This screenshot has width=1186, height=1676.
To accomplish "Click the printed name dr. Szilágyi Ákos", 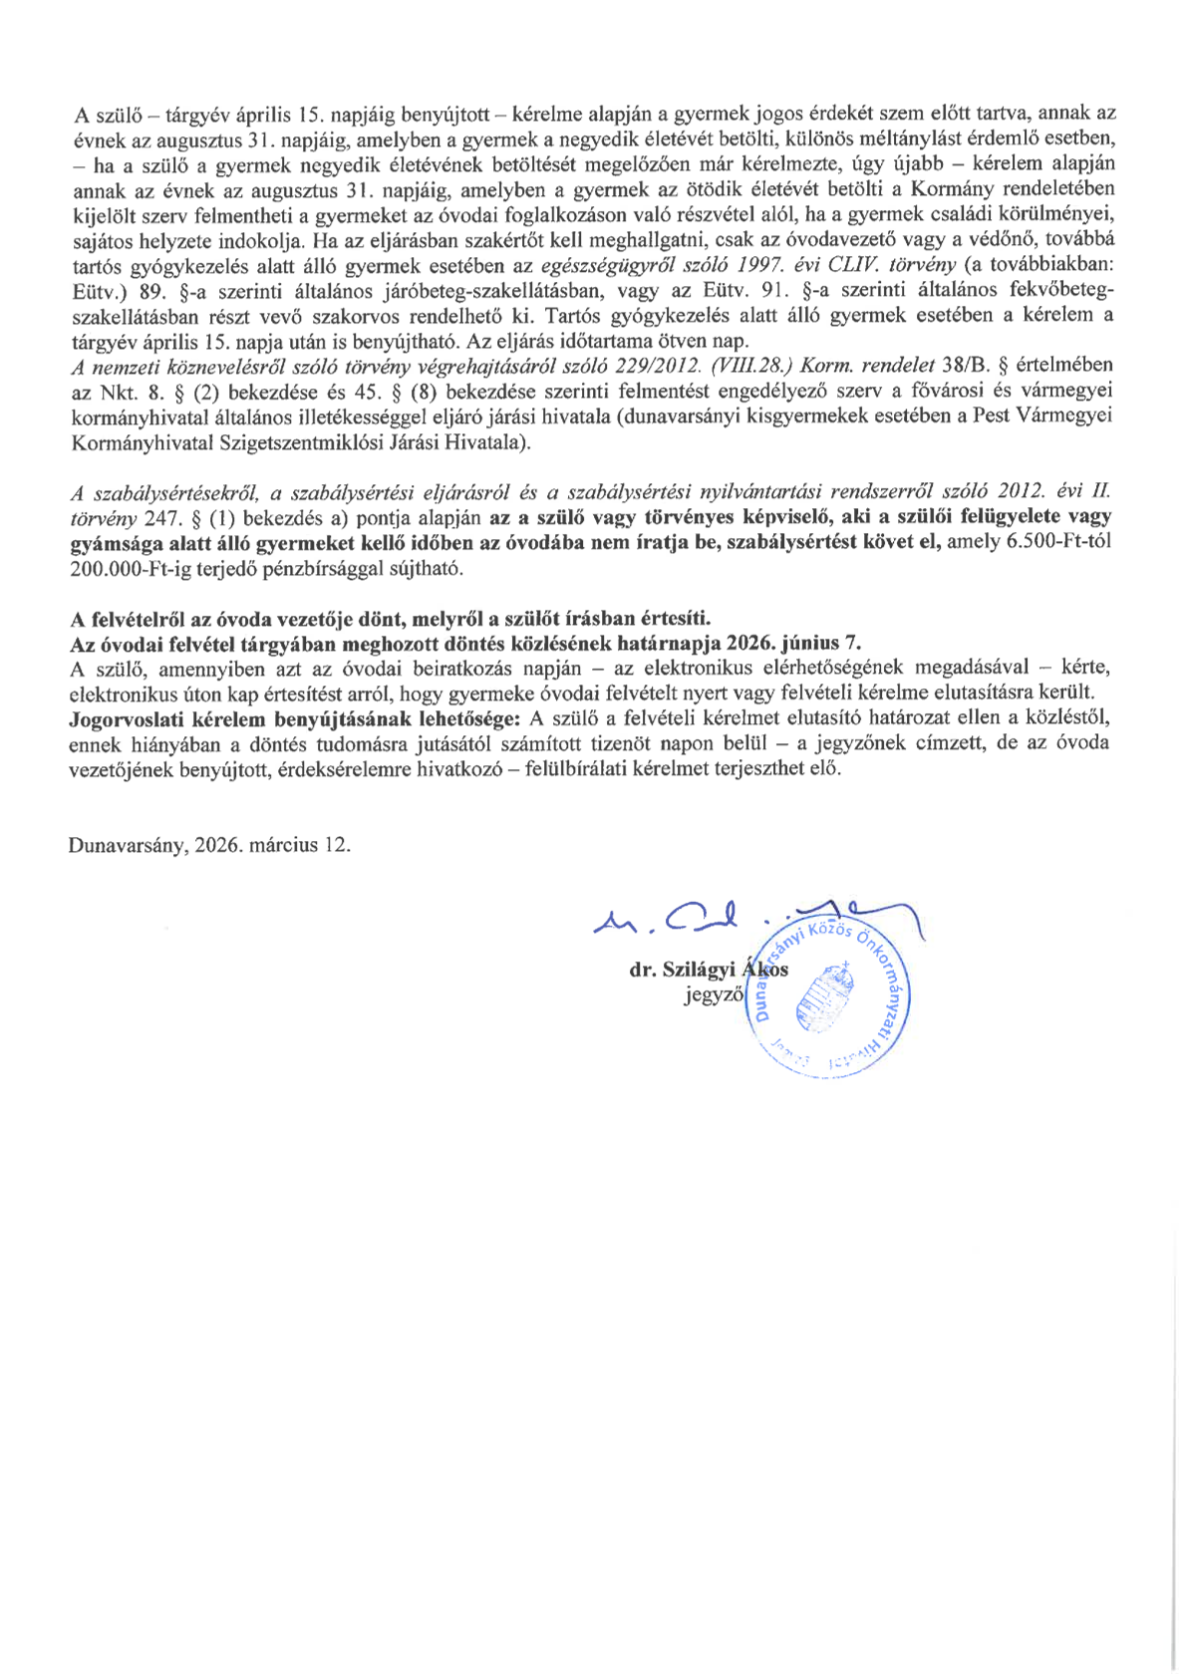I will pos(709,970).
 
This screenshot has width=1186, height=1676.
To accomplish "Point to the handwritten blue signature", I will pos(698,919).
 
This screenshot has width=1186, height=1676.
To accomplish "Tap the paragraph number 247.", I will pos(159,517).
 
